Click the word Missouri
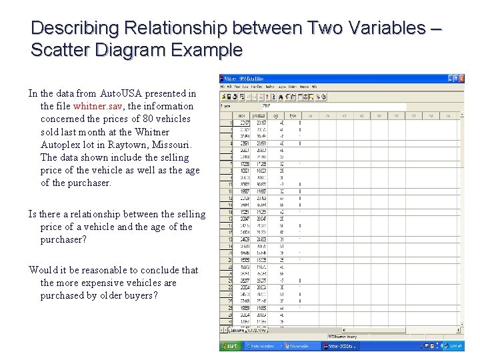pos(171,145)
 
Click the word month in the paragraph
pos(89,132)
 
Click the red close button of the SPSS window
pos(462,79)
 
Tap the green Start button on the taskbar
pos(231,346)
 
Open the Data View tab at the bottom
pos(237,329)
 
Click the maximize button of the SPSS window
pos(455,79)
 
